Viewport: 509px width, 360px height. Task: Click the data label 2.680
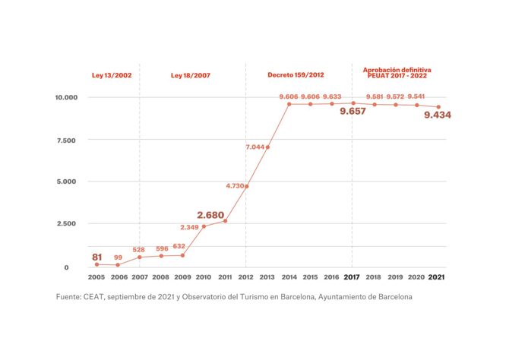[210, 215]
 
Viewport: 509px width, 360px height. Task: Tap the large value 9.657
[353, 111]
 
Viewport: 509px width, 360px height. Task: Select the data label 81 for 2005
[97, 257]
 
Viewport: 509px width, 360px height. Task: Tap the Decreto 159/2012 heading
[296, 75]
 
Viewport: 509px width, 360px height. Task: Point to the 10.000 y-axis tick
[66, 98]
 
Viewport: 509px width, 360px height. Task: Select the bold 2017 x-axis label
[353, 277]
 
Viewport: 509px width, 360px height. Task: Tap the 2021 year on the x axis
[438, 277]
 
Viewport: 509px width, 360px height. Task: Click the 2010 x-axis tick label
[204, 277]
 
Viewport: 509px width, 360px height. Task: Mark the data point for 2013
[267, 147]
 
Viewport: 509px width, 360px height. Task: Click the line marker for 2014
[289, 103]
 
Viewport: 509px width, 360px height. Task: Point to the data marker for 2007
[140, 257]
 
